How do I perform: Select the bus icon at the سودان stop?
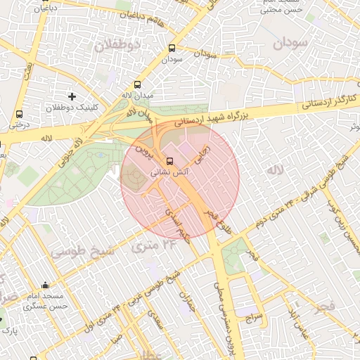point(172,49)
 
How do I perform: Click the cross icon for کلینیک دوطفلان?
point(71,96)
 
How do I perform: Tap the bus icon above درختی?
point(18,114)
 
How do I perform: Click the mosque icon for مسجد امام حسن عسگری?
point(46,285)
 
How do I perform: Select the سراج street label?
point(253,318)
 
